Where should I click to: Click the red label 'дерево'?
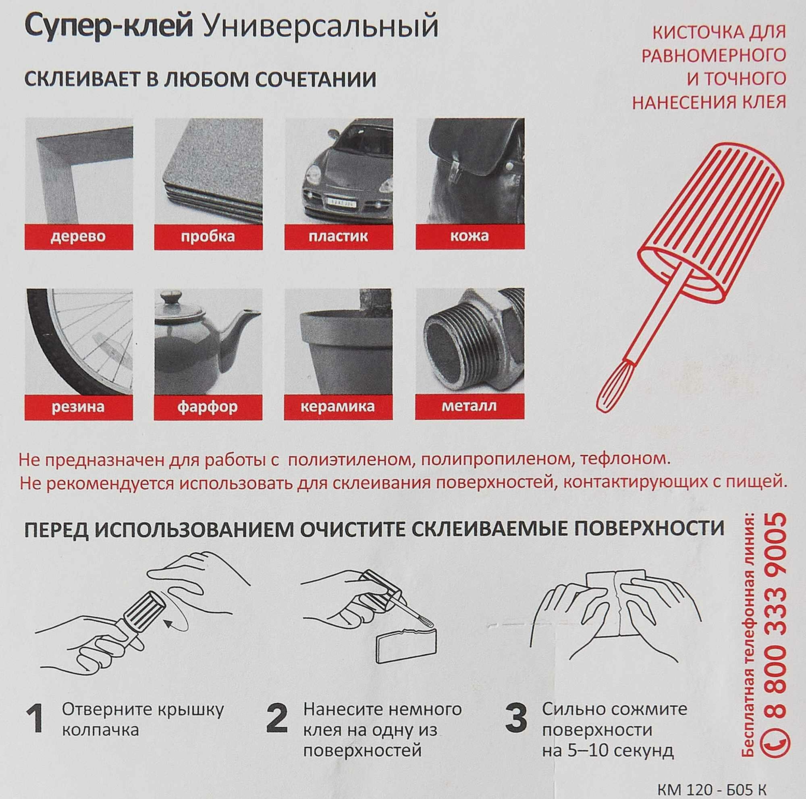click(x=79, y=237)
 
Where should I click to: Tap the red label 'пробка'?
click(x=208, y=237)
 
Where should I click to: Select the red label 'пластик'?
click(x=339, y=237)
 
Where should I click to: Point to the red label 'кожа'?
click(x=470, y=237)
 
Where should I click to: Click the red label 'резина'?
click(x=79, y=407)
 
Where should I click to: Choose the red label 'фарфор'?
click(x=208, y=407)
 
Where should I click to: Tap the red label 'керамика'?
click(x=339, y=407)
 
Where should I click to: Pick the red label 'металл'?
click(x=470, y=407)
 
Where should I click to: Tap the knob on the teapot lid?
click(x=170, y=299)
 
